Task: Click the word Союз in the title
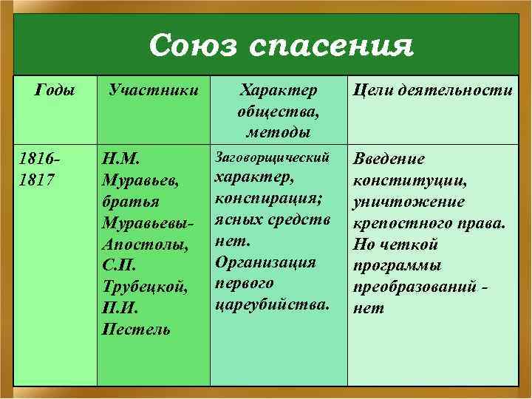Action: point(193,45)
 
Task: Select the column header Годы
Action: point(55,91)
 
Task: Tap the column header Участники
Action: point(154,91)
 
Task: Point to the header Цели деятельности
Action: point(433,91)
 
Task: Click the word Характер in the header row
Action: point(279,91)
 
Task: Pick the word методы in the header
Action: point(279,132)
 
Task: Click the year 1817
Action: point(38,180)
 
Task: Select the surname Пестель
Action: point(136,329)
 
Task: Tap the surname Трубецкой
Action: point(143,287)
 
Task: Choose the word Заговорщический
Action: point(271,158)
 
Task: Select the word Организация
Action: point(265,262)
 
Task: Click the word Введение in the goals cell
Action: point(389,160)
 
